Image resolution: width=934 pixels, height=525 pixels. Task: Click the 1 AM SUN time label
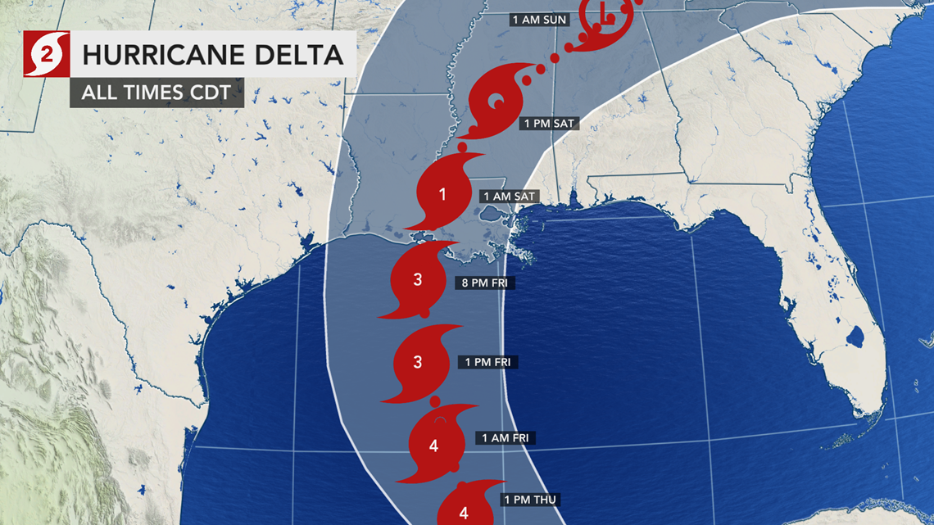pyautogui.click(x=538, y=20)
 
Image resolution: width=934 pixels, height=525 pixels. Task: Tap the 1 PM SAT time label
pyautogui.click(x=549, y=124)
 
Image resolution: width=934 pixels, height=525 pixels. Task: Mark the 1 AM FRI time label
pyautogui.click(x=506, y=438)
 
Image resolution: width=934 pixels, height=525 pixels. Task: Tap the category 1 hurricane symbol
pyautogui.click(x=443, y=195)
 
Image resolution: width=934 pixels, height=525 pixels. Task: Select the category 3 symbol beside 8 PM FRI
pyautogui.click(x=419, y=280)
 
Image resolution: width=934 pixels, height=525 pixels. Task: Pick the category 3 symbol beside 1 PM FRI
pyautogui.click(x=419, y=362)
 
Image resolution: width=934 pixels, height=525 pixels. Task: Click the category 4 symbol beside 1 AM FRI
pyautogui.click(x=433, y=446)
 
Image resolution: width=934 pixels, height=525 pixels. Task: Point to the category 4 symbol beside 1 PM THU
pyautogui.click(x=464, y=510)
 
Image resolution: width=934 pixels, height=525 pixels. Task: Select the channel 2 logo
pyautogui.click(x=46, y=54)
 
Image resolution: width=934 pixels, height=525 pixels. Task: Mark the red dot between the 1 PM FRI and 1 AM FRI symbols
pyautogui.click(x=434, y=401)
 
